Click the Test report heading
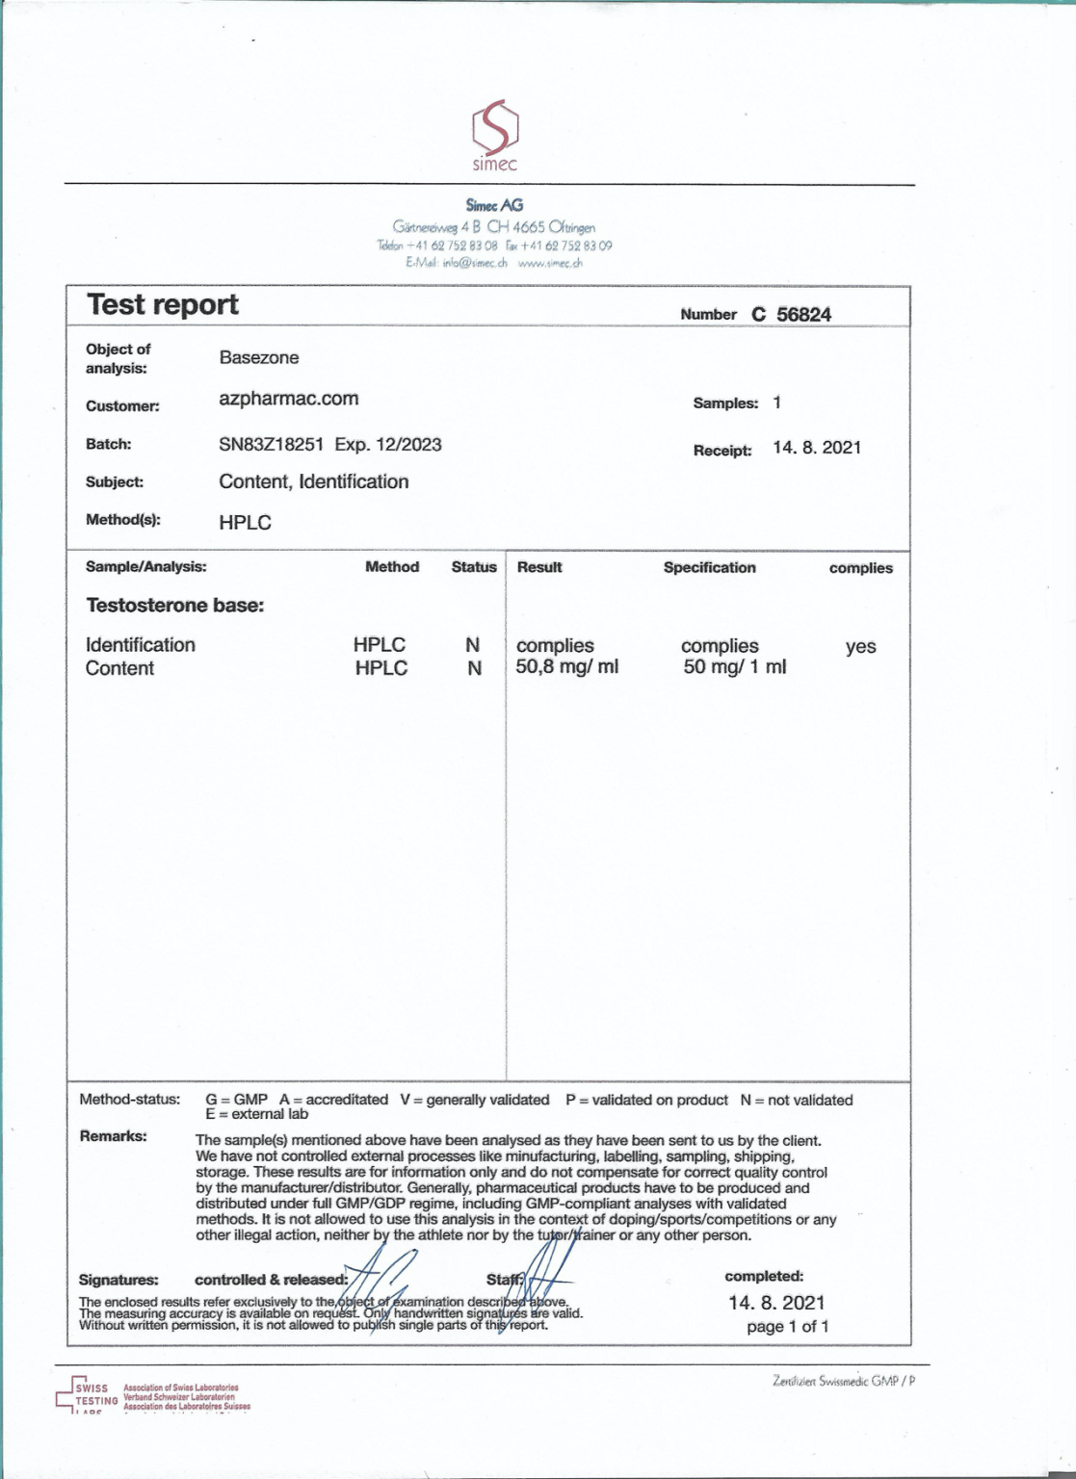click(163, 305)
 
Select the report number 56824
click(803, 315)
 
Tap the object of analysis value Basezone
click(259, 358)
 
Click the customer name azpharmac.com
click(288, 399)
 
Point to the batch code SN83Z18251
click(271, 445)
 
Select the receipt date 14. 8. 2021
click(817, 448)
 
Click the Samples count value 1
click(776, 403)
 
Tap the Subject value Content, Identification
click(313, 482)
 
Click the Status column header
click(474, 568)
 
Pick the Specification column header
click(709, 568)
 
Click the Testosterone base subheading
click(174, 606)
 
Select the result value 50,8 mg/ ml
click(566, 667)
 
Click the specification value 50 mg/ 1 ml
click(734, 667)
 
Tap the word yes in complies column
click(860, 647)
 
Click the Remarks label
click(113, 1136)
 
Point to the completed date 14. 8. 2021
click(776, 1303)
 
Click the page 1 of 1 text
click(787, 1327)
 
